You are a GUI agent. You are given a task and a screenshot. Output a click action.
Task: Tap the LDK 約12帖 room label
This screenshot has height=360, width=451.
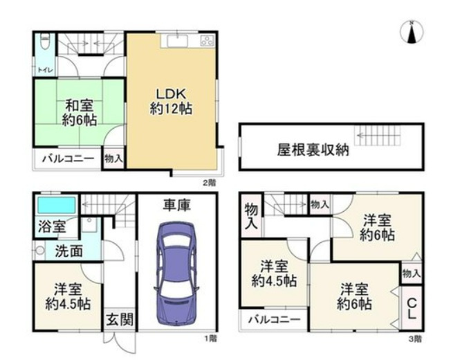click(x=171, y=101)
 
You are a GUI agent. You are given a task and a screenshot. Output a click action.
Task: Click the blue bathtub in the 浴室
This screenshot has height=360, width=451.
click(x=56, y=206)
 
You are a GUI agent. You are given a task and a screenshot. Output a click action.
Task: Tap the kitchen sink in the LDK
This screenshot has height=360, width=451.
click(x=173, y=40)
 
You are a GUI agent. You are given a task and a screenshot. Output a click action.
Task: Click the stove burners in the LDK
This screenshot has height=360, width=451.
click(x=207, y=40)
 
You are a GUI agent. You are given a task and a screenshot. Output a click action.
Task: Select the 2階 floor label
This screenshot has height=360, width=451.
click(x=208, y=183)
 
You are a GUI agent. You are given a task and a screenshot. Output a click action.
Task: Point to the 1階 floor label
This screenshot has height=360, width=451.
click(x=210, y=339)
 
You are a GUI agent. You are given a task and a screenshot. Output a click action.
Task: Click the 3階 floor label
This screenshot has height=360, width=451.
click(x=414, y=339)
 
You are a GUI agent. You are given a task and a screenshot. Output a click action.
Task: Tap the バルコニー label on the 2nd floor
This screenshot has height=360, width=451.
click(x=68, y=159)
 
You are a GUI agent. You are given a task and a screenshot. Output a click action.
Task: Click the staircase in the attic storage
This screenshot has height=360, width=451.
click(x=378, y=135)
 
